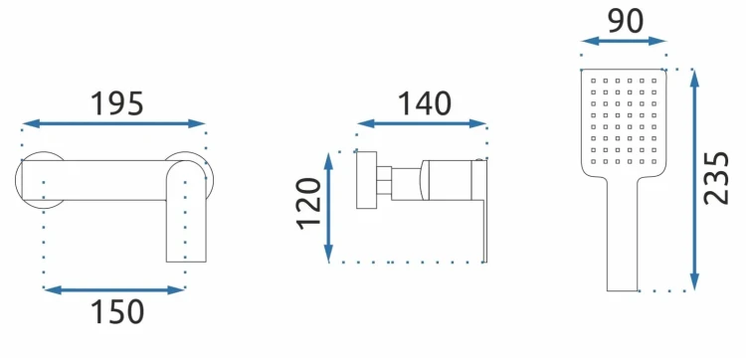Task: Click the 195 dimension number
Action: point(116,103)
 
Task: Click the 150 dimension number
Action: point(117,311)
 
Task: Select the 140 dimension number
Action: point(424,103)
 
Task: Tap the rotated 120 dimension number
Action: point(309,204)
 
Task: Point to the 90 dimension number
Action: point(626,21)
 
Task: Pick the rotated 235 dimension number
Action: point(716,178)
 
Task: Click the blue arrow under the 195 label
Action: point(113,123)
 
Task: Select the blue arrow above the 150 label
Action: point(114,289)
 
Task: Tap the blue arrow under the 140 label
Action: point(422,123)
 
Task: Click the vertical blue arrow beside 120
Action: point(328,208)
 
